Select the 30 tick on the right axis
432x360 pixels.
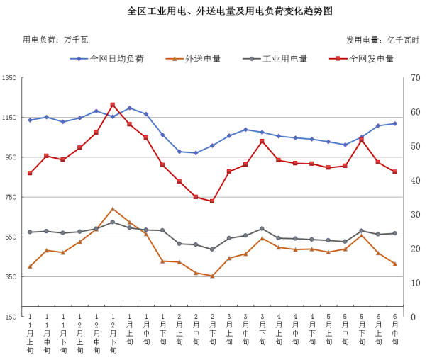[x=416, y=214]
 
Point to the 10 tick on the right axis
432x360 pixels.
[x=416, y=283]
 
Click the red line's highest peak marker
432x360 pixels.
[x=113, y=105]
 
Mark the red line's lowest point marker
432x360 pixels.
[x=212, y=201]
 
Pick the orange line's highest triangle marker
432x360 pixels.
[x=113, y=209]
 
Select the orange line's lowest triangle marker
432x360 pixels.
[x=212, y=276]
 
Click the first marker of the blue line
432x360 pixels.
[x=30, y=120]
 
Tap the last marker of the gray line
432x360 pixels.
[x=394, y=233]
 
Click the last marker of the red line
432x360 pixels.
[x=394, y=171]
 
